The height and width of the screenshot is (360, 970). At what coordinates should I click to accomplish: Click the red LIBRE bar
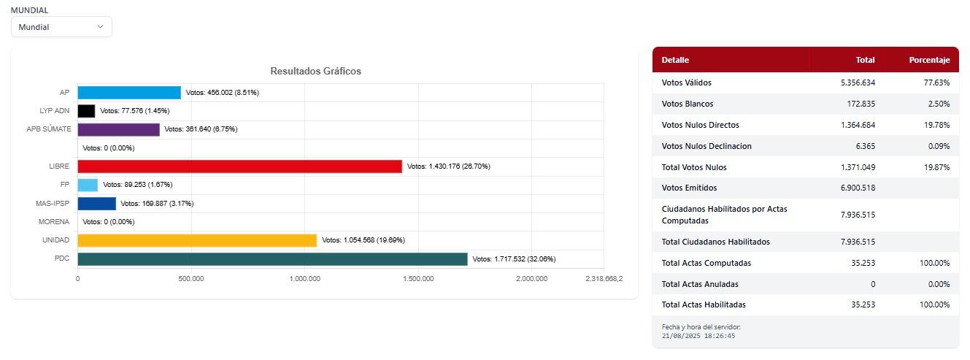pos(239,166)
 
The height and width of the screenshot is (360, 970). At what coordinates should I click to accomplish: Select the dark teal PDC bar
pos(272,259)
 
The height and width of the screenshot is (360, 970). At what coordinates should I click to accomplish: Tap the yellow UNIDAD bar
pos(197,240)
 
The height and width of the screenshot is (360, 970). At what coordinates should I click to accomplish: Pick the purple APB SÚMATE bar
pos(118,129)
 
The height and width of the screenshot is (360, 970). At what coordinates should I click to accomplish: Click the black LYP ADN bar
pos(86,111)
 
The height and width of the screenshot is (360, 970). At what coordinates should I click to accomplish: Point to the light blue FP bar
pos(88,185)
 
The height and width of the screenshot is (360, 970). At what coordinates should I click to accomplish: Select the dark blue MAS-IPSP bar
pos(96,204)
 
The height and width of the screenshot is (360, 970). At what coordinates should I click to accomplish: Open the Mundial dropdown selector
pos(61,27)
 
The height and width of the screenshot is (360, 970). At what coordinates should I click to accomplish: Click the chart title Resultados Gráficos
pos(315,71)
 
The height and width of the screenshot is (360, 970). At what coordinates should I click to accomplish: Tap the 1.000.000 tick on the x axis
pos(304,278)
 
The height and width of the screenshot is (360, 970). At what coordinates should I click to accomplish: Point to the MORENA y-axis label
pos(54,222)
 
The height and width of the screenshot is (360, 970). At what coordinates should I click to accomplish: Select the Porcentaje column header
pos(929,60)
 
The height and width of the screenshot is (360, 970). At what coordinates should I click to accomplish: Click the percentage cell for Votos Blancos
pos(937,104)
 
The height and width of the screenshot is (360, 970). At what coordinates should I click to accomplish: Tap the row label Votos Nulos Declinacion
pos(707,146)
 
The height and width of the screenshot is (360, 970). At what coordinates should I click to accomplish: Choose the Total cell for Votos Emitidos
pos(858,188)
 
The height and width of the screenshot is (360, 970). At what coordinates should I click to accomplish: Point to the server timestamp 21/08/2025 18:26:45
pos(698,336)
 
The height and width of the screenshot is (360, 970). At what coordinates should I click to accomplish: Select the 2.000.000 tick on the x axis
pos(531,278)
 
